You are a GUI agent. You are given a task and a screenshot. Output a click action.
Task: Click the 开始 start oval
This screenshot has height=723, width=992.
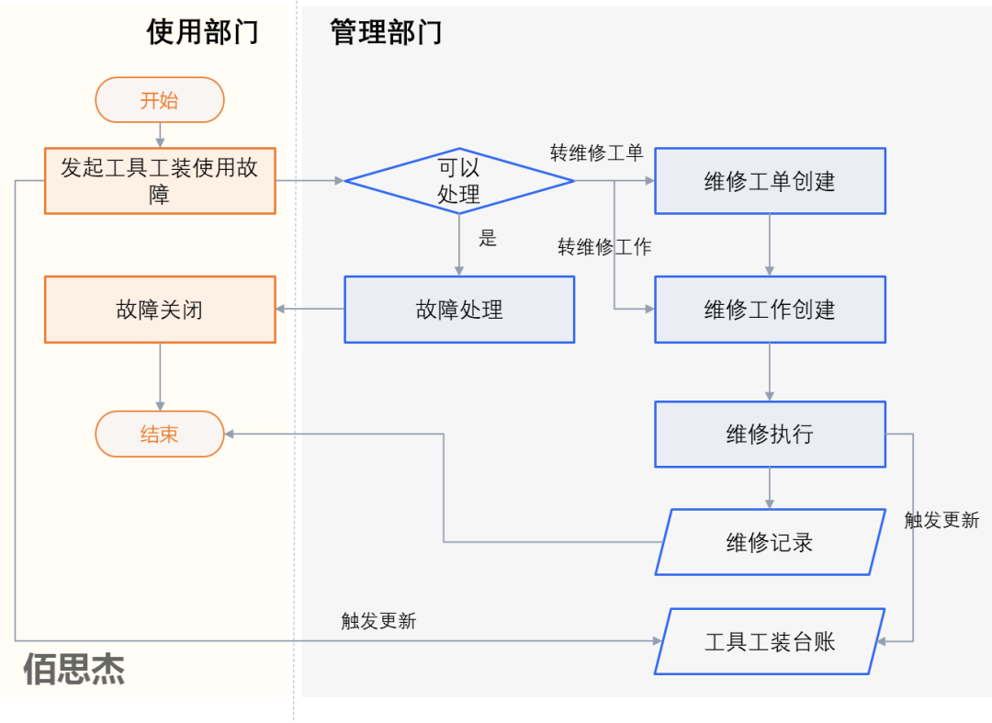[160, 100]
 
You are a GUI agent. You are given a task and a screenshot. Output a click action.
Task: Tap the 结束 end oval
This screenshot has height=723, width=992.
[160, 434]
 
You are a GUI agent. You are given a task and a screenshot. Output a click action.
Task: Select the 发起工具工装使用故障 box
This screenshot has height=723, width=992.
[160, 181]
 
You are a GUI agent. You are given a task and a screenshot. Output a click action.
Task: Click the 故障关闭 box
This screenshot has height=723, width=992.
[160, 310]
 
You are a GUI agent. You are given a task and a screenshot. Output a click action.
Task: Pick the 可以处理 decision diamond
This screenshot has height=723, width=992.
[458, 181]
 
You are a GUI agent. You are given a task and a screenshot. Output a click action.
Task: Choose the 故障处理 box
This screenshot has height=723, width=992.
[459, 310]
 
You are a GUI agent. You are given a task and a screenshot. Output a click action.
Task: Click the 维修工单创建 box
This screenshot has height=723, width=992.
[770, 181]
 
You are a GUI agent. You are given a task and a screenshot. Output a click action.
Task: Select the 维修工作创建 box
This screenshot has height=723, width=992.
[770, 310]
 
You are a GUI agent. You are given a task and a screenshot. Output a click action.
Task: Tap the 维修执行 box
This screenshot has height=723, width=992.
[770, 434]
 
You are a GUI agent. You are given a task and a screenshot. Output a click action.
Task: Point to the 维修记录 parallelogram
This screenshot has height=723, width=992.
[770, 542]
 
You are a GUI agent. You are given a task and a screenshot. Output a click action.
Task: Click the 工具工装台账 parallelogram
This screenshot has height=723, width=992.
[770, 641]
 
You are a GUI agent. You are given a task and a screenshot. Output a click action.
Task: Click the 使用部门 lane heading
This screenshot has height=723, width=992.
[202, 32]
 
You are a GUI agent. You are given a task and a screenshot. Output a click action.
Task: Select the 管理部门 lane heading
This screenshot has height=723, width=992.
[386, 32]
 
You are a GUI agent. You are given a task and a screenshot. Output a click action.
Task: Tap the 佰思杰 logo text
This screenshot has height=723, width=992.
[73, 670]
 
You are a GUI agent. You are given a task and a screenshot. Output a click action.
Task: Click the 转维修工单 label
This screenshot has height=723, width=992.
[596, 153]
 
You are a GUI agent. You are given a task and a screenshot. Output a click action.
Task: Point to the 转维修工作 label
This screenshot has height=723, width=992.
[604, 247]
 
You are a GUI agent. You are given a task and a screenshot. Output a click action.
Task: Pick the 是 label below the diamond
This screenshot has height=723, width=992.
[488, 239]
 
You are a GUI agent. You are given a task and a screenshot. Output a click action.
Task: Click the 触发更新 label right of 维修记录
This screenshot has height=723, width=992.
[941, 520]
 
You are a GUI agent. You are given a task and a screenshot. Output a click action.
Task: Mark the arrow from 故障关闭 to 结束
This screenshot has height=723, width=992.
[160, 377]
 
